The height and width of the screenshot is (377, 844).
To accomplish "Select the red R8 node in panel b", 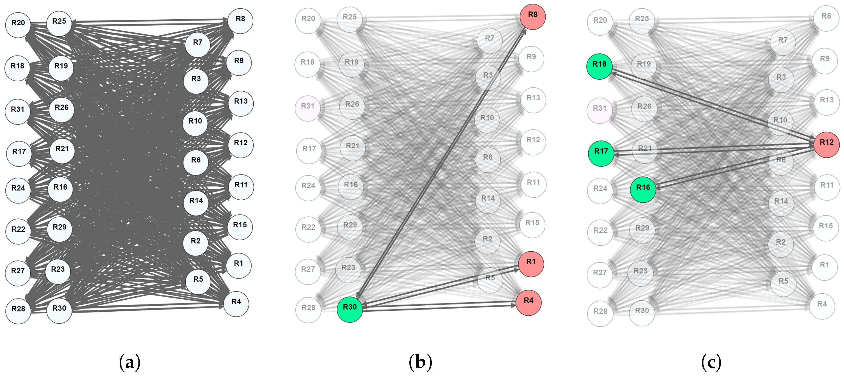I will [533, 17].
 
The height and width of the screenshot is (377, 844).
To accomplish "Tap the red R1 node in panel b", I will [531, 264].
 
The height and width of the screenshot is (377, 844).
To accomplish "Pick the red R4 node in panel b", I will [528, 303].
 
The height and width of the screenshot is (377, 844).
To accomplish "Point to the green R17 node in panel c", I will [601, 154].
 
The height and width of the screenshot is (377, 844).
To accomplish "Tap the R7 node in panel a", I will [197, 45].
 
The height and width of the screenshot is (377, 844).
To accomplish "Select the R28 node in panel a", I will [18, 311].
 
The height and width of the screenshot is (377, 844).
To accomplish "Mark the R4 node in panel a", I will [236, 304].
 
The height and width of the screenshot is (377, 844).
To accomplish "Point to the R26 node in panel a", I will [62, 110].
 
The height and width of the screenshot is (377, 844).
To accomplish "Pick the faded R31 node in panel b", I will [308, 108].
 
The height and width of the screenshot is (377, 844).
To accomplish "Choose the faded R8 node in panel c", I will [826, 18].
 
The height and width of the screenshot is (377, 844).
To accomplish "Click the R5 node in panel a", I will [198, 282].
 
